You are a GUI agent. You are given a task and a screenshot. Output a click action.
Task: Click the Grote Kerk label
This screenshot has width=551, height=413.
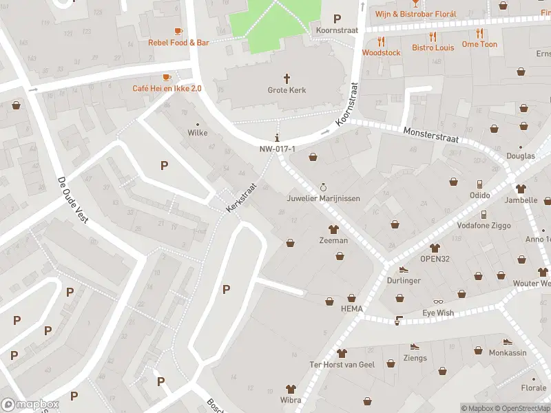(287, 90)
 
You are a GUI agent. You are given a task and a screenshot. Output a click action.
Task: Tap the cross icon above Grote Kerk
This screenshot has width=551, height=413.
(287, 78)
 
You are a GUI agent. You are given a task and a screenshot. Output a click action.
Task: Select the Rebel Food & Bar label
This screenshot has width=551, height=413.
(178, 43)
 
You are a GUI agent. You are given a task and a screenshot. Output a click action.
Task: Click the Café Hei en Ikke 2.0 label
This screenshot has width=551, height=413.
(167, 88)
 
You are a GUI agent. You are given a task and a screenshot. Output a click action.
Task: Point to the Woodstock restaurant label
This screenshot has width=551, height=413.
(381, 52)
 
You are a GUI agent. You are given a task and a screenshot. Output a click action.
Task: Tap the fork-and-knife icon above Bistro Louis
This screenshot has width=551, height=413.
(433, 36)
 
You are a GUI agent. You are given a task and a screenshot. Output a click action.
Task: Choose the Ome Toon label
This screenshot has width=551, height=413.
(479, 45)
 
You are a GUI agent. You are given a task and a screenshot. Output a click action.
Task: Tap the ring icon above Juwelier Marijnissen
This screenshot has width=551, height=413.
(323, 187)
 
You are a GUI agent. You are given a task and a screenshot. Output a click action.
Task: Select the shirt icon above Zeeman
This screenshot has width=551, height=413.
(333, 229)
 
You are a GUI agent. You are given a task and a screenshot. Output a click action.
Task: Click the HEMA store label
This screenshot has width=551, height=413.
(351, 309)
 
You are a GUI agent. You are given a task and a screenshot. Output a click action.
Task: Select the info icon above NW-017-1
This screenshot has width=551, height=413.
(278, 138)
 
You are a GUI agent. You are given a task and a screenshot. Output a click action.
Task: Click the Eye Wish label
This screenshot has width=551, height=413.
(438, 313)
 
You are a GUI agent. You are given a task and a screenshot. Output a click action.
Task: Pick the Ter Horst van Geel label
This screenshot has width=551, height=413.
(342, 364)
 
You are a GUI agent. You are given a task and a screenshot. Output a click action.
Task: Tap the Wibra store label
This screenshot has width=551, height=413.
(291, 400)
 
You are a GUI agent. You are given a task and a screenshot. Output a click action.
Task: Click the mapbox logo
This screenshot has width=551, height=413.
(30, 404)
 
